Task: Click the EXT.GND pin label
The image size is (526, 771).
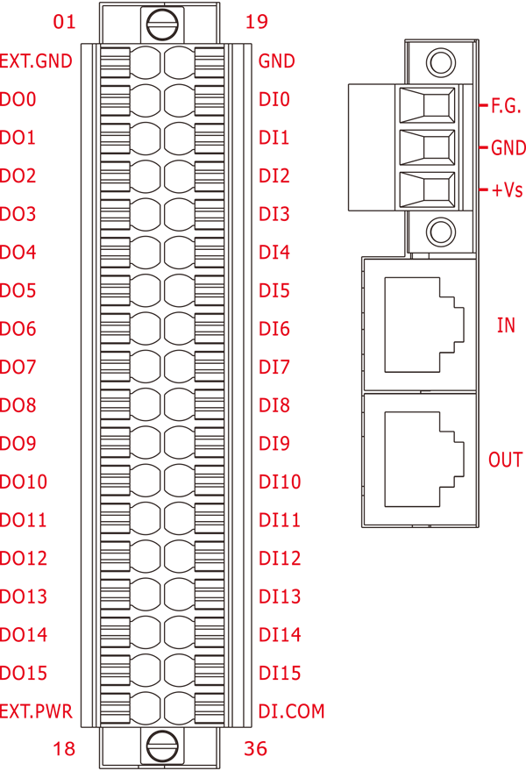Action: pos(36,61)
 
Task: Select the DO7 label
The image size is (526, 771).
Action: pos(18,367)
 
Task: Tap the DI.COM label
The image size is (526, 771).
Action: pos(292,711)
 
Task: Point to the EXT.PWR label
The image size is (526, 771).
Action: pos(36,711)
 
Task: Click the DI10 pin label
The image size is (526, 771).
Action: pos(280,482)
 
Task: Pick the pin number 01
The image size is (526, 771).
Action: pos(64,22)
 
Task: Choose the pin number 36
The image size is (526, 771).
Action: pos(256,749)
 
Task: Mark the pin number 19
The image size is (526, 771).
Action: pos(257,22)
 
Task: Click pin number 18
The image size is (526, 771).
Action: pos(64,749)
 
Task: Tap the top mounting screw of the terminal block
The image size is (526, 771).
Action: pos(162,25)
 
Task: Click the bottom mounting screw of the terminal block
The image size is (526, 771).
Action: pos(162,746)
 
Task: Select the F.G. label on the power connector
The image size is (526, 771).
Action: pos(506,106)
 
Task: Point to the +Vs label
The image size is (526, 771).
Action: pos(508,189)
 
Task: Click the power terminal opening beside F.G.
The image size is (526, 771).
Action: pos(427,105)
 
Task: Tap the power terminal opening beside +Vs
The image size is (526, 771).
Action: pos(427,189)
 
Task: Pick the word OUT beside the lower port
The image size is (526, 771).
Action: pos(505,460)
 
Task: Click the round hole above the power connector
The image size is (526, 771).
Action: pos(440,62)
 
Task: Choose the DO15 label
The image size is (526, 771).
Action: pos(24,673)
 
